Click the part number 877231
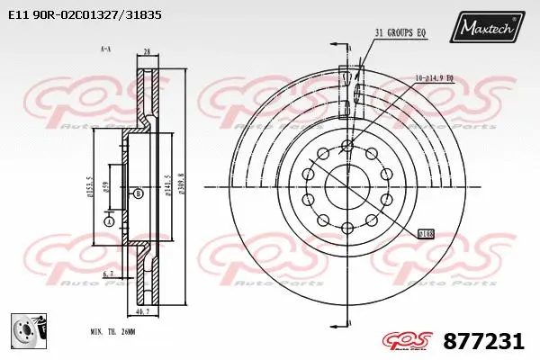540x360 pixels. pos(483,342)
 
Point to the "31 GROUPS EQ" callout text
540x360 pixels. pos(401,33)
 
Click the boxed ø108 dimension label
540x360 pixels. pos(426,233)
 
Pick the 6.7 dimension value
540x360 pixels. pos(109,274)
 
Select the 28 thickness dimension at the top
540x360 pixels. pos(146,54)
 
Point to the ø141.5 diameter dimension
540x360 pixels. pos(167,186)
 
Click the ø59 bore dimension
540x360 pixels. pos(104,187)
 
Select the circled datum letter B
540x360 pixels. pos(137,193)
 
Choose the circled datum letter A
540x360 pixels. pos(109,220)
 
